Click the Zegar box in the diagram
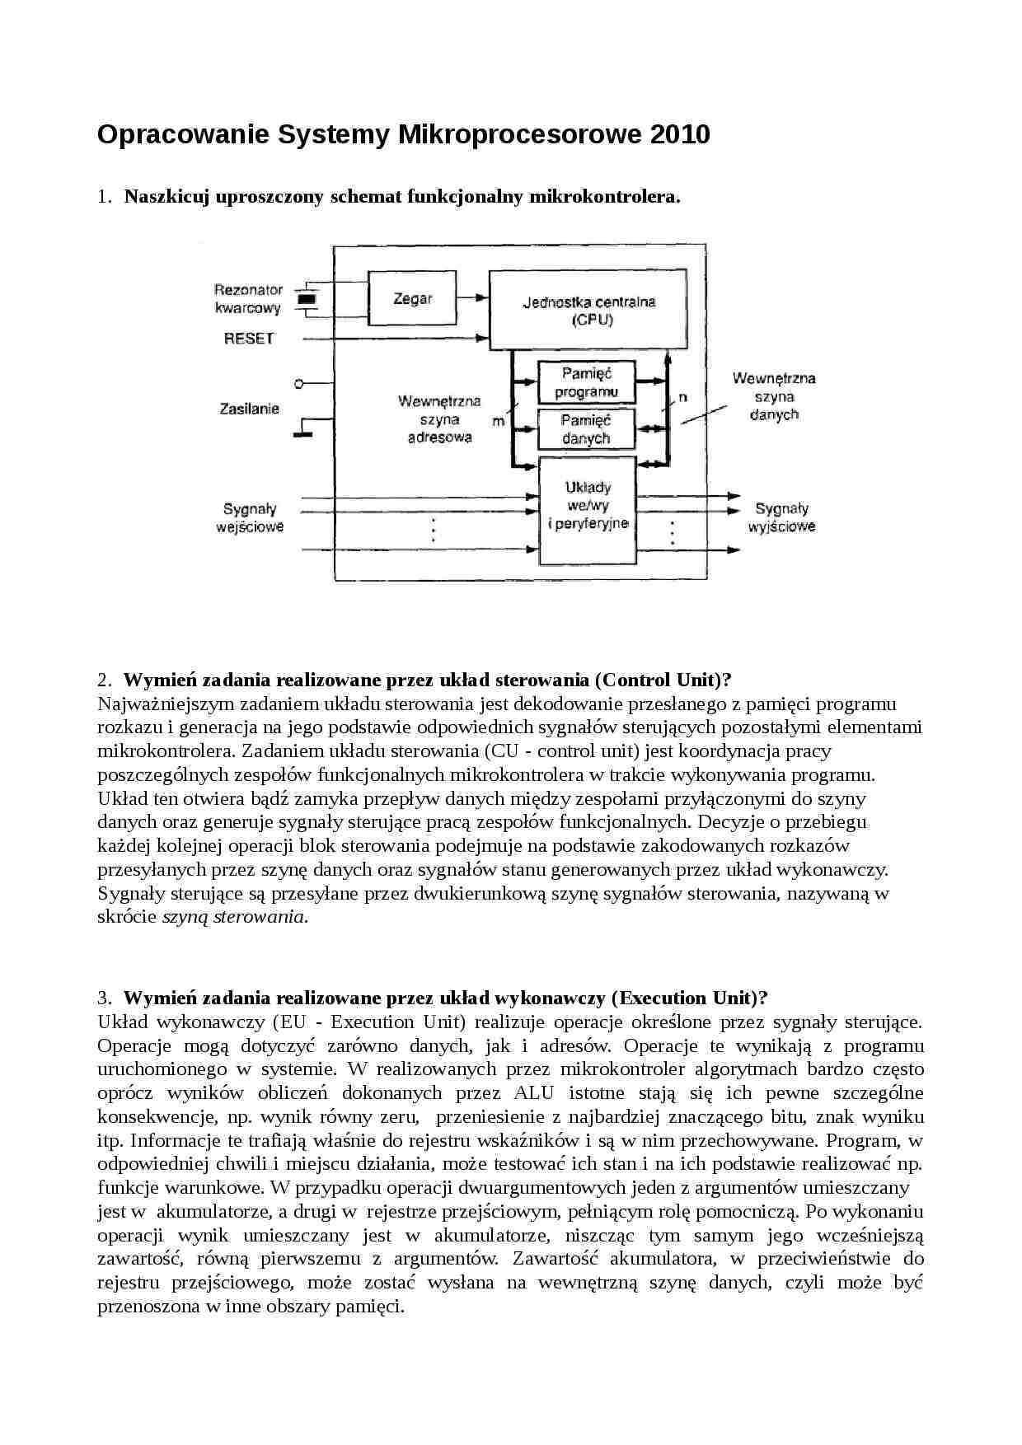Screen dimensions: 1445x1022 click(x=412, y=299)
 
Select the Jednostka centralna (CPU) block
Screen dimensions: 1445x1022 click(x=588, y=310)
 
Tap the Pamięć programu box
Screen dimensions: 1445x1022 click(x=586, y=382)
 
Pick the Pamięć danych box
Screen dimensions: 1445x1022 click(x=586, y=429)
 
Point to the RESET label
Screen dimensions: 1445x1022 click(x=249, y=338)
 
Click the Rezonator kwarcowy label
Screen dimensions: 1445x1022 click(x=248, y=299)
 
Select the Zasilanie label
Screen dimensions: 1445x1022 click(x=249, y=409)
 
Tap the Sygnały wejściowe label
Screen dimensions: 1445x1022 click(x=250, y=518)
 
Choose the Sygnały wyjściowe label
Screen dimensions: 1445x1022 click(x=781, y=518)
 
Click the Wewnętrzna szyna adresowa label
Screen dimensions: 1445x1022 click(x=438, y=419)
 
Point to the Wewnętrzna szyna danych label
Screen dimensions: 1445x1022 click(x=774, y=396)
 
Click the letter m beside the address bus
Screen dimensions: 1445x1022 click(x=499, y=421)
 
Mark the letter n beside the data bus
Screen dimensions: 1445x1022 click(x=683, y=397)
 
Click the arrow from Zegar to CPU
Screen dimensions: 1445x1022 click(x=472, y=298)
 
